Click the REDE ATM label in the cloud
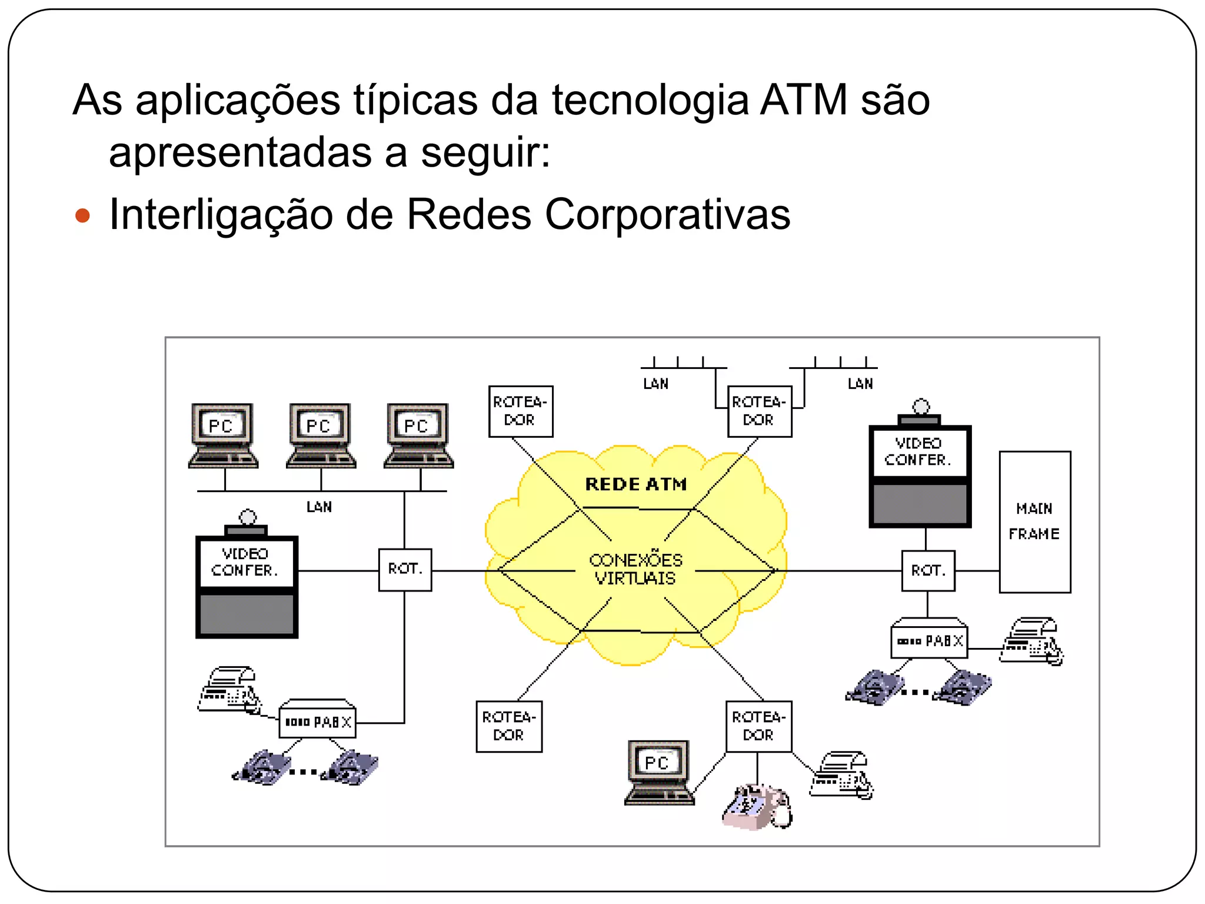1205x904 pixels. (635, 484)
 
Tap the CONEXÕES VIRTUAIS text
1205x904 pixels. (635, 569)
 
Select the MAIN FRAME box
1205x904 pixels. (1034, 521)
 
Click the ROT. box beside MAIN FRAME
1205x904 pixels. (928, 570)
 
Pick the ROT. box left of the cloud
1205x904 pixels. (405, 570)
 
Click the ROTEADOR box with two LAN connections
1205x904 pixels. (759, 411)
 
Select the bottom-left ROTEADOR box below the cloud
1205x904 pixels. (509, 726)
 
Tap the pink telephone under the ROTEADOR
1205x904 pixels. (757, 807)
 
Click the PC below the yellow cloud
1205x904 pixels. (658, 773)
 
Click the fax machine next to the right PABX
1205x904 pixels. (1031, 642)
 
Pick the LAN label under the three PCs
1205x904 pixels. (319, 507)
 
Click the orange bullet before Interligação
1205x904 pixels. (83, 216)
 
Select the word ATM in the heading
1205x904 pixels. (804, 100)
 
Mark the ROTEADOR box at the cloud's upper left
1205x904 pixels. (521, 411)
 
